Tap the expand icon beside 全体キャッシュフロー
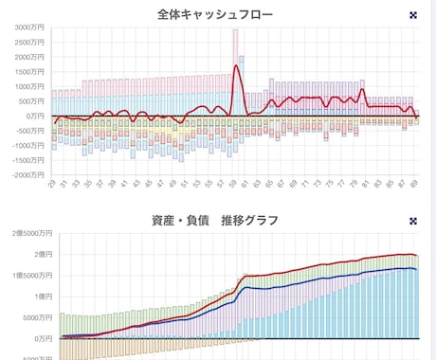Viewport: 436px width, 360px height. coord(412,15)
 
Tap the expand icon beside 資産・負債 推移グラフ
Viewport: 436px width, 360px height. coord(412,221)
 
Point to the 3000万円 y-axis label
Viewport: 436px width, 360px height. coord(29,27)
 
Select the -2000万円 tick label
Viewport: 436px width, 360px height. coord(27,174)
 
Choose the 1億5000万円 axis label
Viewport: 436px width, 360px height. coord(26,276)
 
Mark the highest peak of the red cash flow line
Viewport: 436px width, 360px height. coord(236,66)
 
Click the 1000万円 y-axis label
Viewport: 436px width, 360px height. coord(29,86)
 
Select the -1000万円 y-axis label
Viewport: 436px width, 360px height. coord(27,145)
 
